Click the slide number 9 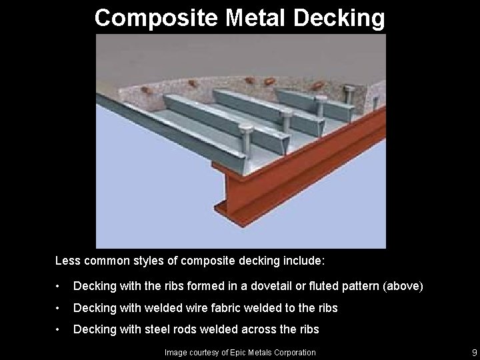click(x=473, y=352)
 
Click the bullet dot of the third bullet click(x=61, y=329)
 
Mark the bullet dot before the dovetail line click(x=61, y=287)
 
